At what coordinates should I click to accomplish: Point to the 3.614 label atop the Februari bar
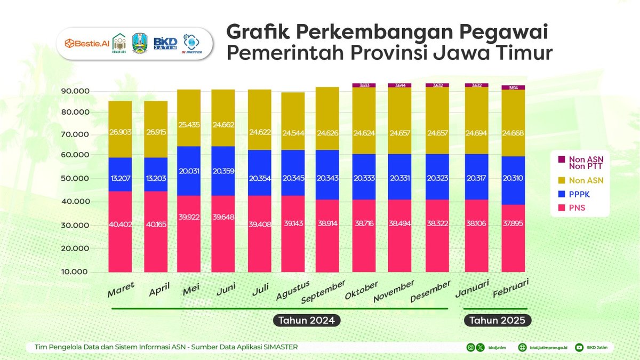[x=513, y=87]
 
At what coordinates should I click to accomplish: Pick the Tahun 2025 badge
[x=498, y=321]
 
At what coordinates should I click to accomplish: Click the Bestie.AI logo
[x=84, y=42]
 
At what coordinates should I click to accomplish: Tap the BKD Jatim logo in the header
[x=165, y=43]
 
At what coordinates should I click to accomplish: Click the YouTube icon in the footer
[x=579, y=347]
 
